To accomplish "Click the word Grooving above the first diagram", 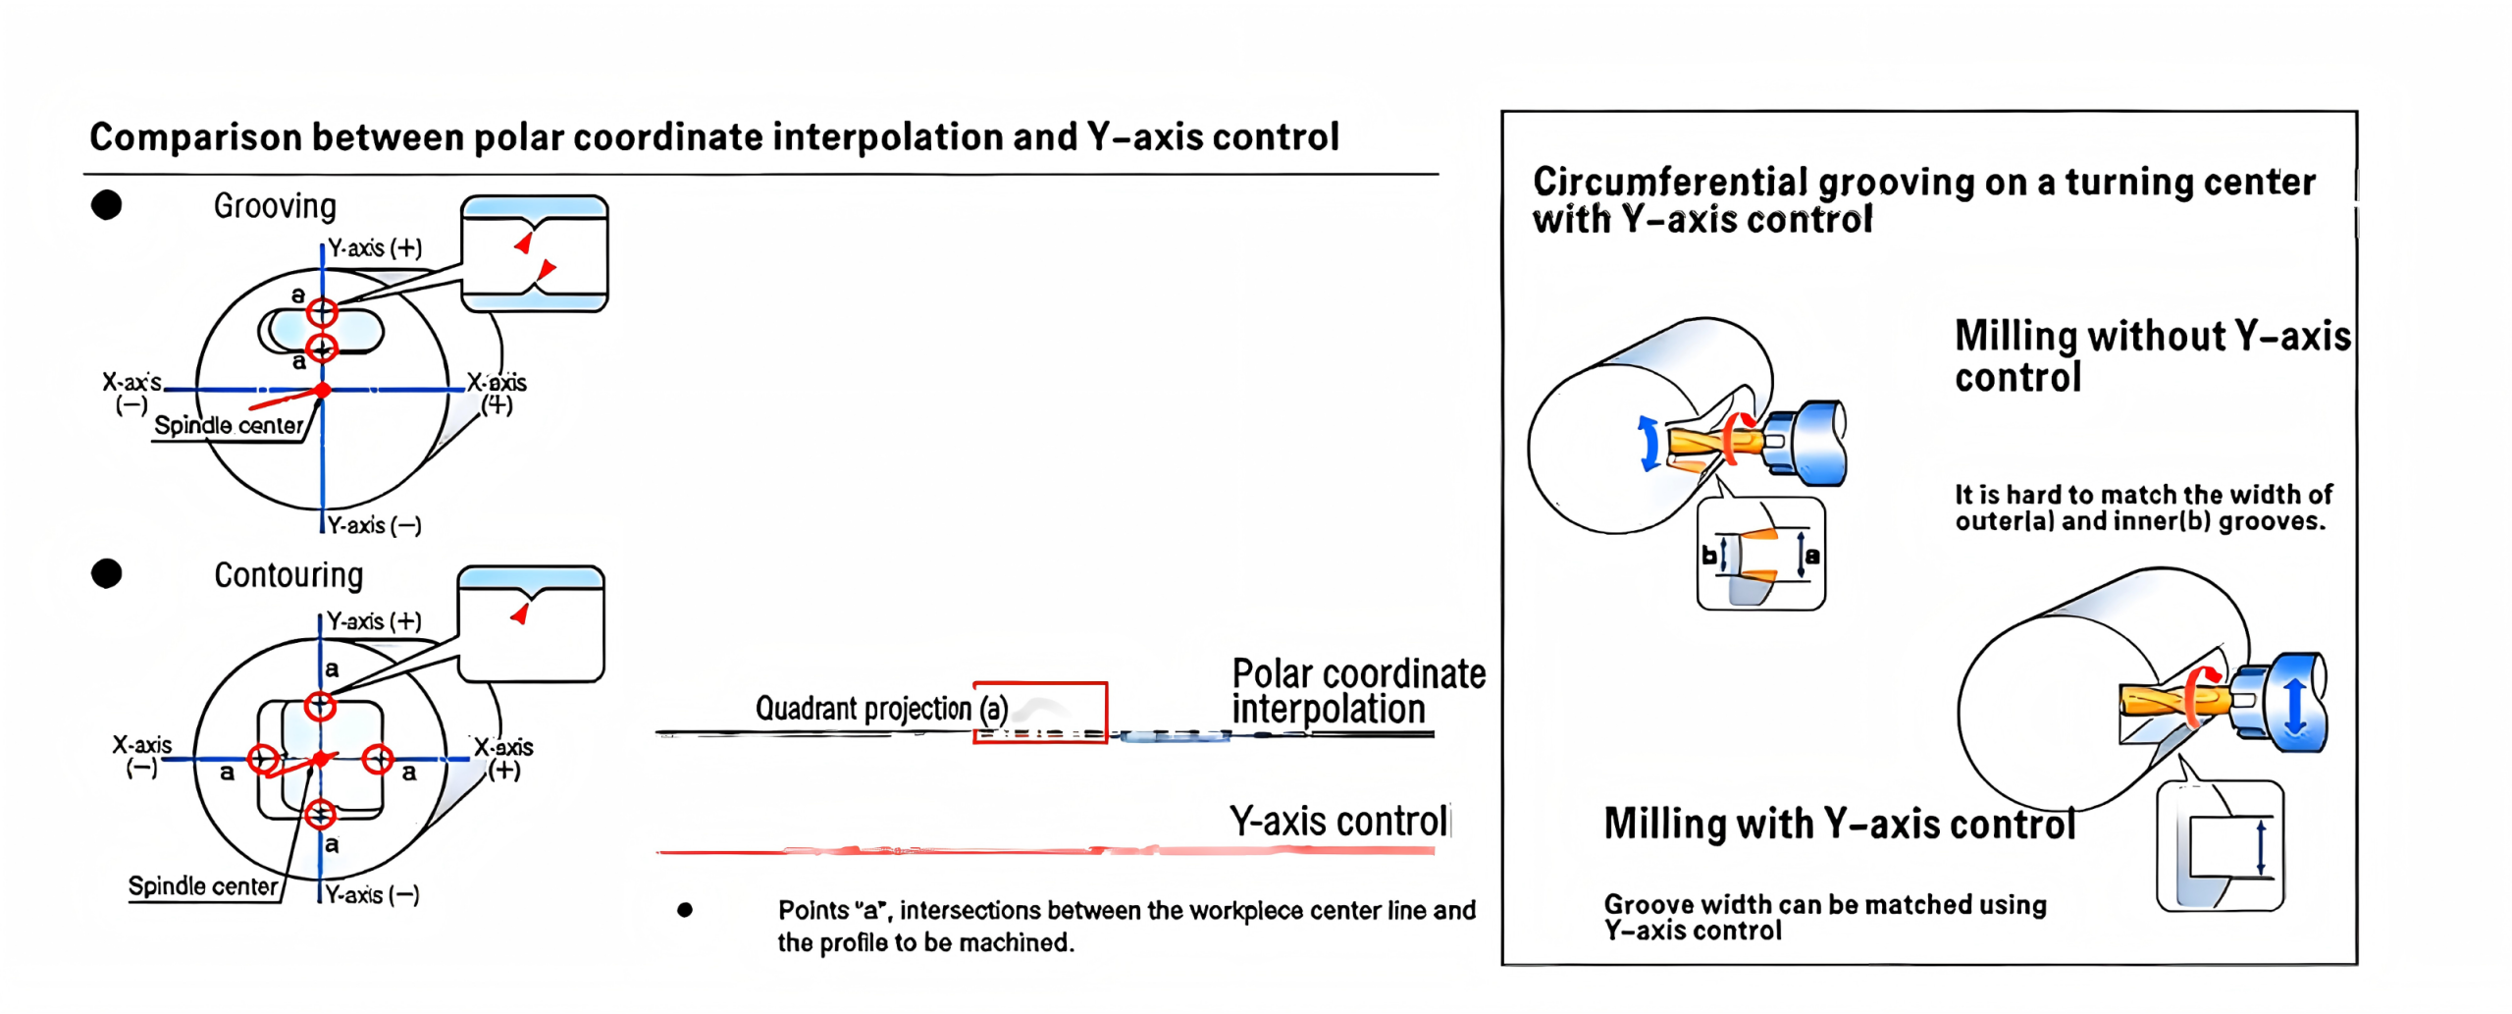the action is tap(275, 206).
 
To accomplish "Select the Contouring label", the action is tap(288, 575).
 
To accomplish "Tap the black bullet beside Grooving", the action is tap(106, 205).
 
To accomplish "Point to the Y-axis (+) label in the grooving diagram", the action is tap(375, 247).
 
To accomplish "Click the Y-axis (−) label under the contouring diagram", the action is tap(373, 894).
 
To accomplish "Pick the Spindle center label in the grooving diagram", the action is tap(229, 425).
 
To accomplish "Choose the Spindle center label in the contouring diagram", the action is tap(203, 886).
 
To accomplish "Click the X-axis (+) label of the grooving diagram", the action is tap(497, 393).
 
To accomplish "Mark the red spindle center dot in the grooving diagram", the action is tap(322, 391).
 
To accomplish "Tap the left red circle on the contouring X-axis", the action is tap(262, 759).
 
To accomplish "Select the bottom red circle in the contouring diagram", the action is tap(320, 814).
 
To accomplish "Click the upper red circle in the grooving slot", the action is tap(322, 312).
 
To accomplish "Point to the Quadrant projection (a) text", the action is tap(881, 709).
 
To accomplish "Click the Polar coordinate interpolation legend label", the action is tap(1359, 691).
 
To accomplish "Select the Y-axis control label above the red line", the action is tap(1338, 822).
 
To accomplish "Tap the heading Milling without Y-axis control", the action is tap(2152, 356).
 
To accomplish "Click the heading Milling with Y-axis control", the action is tap(1840, 825).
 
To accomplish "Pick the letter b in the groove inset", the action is tap(1709, 556).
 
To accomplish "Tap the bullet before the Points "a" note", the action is tap(685, 910).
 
